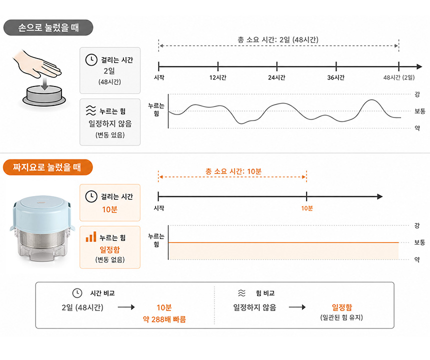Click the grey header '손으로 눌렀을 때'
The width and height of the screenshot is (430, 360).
coord(48,27)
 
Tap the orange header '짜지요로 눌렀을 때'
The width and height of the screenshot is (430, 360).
coord(47,167)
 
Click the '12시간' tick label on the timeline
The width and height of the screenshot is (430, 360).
coord(217,77)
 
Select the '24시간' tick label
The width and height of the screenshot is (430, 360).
coord(276,77)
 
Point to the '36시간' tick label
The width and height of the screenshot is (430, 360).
coord(336,77)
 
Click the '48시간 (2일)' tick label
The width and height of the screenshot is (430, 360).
coord(399,77)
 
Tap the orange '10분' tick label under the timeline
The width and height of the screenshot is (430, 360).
coord(307,208)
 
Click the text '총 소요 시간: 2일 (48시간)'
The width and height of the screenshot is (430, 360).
coord(278,40)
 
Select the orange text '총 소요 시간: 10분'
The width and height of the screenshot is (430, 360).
coord(233,171)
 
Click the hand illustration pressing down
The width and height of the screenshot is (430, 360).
coord(38,64)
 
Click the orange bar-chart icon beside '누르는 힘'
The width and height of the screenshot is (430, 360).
coord(91,236)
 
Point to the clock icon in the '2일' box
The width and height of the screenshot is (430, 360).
coord(91,59)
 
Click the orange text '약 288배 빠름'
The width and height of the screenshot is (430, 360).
coord(164,319)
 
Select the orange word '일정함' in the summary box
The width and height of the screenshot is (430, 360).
coord(341,307)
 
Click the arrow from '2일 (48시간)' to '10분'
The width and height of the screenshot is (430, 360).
coord(126,307)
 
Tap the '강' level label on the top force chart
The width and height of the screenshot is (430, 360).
coord(417,94)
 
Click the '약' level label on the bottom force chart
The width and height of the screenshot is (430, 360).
coord(417,259)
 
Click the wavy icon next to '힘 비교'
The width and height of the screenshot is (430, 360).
coord(241,293)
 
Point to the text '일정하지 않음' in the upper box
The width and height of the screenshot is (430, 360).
coord(110,123)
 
